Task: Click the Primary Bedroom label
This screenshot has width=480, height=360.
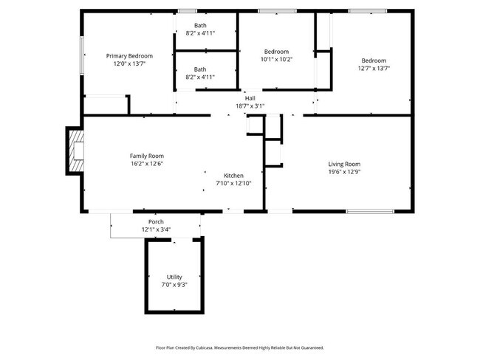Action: coord(129,56)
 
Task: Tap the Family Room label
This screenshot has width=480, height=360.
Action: coord(146,156)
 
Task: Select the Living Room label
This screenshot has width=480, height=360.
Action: coord(344,164)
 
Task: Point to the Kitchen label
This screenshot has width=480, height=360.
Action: coord(233,176)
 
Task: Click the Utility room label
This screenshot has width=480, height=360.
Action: coord(174,277)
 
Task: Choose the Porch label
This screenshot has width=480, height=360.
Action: coord(156,222)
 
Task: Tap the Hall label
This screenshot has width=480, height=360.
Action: coord(250,98)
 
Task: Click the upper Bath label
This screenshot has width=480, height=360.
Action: coord(201,26)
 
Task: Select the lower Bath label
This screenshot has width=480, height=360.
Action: coord(201,69)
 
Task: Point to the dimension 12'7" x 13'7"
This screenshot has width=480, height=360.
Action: coord(374,68)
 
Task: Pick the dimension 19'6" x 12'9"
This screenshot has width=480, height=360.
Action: coord(344,172)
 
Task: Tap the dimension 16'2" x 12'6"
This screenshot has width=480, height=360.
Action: coord(146,164)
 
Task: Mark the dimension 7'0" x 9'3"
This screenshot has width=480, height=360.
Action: coord(174,285)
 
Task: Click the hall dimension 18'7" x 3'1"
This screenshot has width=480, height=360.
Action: coord(250,106)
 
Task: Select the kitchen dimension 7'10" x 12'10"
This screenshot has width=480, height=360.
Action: coord(233,183)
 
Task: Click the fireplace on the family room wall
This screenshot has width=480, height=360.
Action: coord(75,150)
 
